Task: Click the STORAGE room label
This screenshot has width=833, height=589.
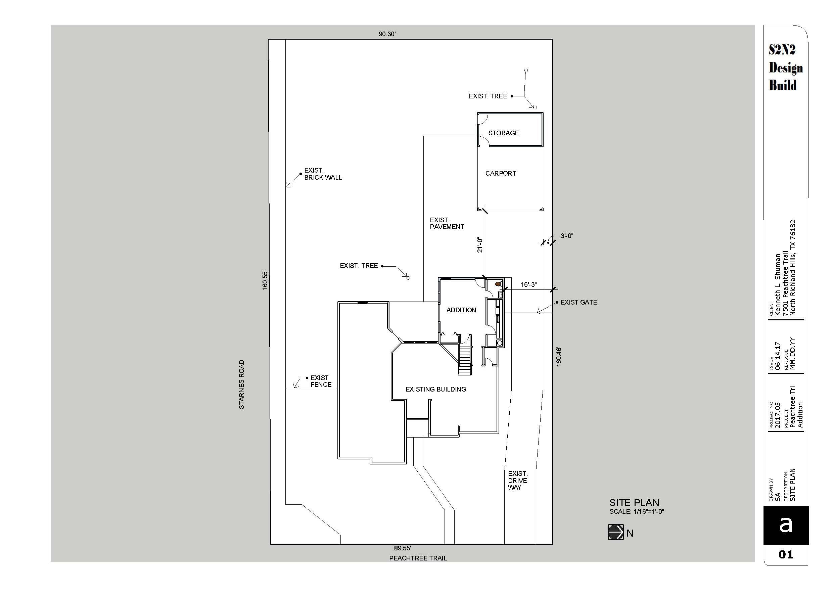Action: click(x=503, y=133)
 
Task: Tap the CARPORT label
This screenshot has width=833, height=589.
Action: click(x=501, y=174)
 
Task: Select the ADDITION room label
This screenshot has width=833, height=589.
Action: click(x=461, y=310)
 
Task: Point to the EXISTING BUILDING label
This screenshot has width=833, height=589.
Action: click(x=436, y=390)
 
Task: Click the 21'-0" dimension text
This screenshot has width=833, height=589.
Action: click(x=480, y=245)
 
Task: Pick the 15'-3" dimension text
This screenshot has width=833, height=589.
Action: click(x=528, y=284)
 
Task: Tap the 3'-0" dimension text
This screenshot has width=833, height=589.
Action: click(x=567, y=236)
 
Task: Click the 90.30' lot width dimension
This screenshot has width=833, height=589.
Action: click(x=387, y=34)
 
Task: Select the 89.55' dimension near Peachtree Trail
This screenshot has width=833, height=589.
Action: click(x=402, y=548)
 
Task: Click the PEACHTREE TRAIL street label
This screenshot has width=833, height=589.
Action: click(x=418, y=558)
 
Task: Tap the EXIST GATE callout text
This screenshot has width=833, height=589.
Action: click(x=579, y=302)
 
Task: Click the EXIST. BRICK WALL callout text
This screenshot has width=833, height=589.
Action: click(x=323, y=174)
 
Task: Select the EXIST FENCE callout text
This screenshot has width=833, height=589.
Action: click(x=321, y=381)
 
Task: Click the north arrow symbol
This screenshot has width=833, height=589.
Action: click(x=616, y=532)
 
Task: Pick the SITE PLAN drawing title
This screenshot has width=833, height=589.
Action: click(x=634, y=503)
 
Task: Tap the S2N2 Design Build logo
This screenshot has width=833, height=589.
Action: click(x=785, y=68)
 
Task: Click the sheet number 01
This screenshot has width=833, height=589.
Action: click(x=786, y=554)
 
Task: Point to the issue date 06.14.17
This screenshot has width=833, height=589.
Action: click(x=778, y=356)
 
